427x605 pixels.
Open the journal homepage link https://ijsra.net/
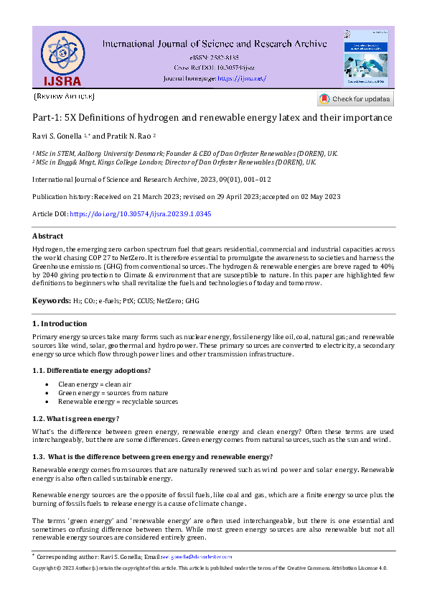click(x=241, y=78)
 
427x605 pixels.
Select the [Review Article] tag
click(x=63, y=96)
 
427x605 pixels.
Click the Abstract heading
click(x=47, y=236)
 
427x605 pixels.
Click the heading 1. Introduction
click(x=60, y=324)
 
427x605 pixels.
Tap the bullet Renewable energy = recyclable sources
click(x=118, y=402)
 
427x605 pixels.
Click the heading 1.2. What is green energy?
click(x=76, y=418)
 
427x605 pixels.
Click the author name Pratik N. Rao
click(x=129, y=135)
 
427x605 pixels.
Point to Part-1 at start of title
click(x=47, y=117)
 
